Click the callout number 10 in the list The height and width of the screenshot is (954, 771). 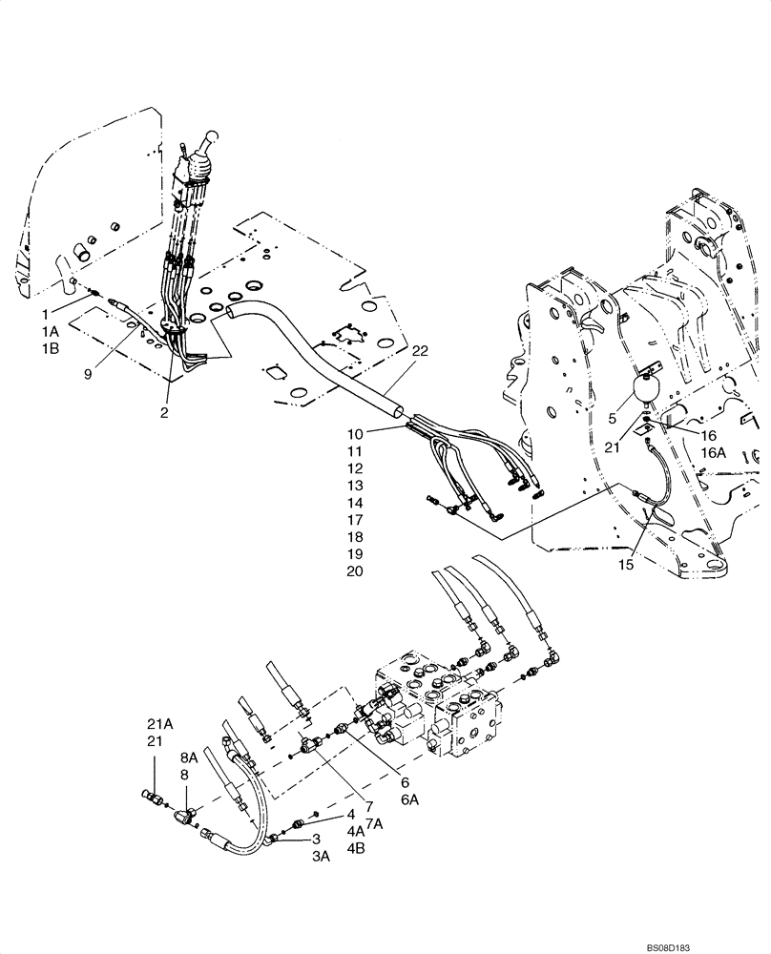tap(356, 434)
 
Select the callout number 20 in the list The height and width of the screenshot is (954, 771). tap(355, 571)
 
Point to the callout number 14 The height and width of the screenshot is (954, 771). tap(355, 503)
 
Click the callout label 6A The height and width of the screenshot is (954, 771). tap(410, 799)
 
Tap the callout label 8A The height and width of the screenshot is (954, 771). tap(189, 759)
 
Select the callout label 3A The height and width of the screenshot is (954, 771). tap(320, 857)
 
